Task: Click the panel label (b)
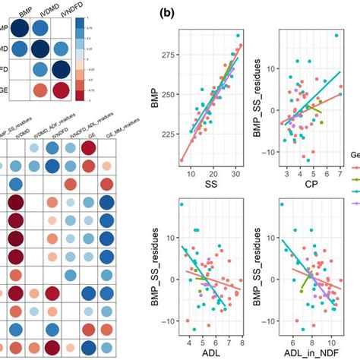[168, 12]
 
